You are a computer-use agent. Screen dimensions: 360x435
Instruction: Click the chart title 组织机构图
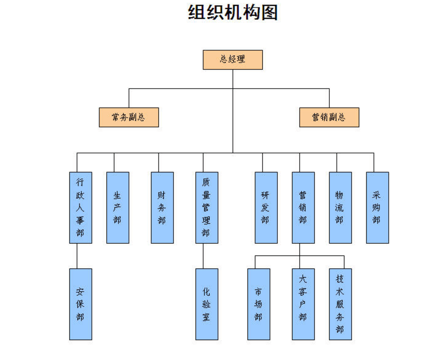(233, 12)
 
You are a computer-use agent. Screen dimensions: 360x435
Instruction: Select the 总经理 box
(233, 60)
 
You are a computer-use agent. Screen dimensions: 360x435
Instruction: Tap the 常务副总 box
(129, 118)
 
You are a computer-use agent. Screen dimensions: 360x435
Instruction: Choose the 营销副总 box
(329, 118)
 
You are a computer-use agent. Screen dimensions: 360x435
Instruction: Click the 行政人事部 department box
(80, 207)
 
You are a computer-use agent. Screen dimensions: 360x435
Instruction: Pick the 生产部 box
(118, 207)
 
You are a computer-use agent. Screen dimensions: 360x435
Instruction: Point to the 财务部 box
(162, 207)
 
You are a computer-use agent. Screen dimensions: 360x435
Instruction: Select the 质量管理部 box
(207, 207)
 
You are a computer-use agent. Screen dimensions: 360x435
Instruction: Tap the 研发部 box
(266, 207)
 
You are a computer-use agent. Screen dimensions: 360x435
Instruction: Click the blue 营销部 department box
(303, 207)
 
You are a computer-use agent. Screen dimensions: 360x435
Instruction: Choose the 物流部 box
(340, 207)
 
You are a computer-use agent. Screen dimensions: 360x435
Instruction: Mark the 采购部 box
(377, 207)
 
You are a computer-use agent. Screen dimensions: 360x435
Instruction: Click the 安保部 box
(80, 304)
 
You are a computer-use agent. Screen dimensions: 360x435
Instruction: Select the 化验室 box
(207, 304)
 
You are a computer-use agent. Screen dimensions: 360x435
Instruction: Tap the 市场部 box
(259, 304)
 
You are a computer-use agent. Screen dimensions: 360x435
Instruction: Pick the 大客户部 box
(303, 304)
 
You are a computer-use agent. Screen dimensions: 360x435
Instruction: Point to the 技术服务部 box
(340, 304)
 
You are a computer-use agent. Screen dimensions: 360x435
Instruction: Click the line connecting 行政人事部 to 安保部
(77, 256)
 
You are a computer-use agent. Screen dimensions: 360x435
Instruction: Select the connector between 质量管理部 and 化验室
(203, 256)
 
